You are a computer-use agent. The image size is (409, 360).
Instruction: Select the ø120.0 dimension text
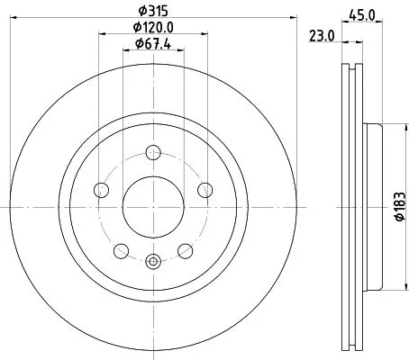[x=153, y=28]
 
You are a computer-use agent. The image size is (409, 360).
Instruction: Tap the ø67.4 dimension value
[x=153, y=43]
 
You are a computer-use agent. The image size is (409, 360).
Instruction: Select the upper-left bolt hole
[x=101, y=189]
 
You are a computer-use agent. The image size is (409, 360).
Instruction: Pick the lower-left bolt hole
[x=121, y=250]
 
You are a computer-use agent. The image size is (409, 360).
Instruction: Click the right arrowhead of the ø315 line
[x=294, y=20]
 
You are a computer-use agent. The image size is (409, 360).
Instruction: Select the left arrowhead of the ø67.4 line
[x=125, y=50]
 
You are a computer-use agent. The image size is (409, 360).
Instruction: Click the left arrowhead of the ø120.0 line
[x=100, y=35]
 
